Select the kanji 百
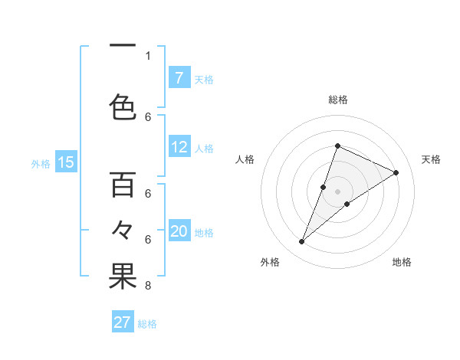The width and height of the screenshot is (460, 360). tap(123, 185)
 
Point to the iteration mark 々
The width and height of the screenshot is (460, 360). tap(123, 229)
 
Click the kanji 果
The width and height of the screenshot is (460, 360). tap(123, 277)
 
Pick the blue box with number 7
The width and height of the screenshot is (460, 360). tap(179, 78)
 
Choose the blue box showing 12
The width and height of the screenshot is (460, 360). tap(179, 147)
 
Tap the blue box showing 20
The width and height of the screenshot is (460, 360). tap(179, 231)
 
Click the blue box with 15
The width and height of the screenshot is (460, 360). tap(65, 162)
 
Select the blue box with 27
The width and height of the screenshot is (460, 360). tap(123, 322)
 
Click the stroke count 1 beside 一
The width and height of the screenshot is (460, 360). tap(148, 56)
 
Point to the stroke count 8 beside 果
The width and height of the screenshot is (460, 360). tap(148, 286)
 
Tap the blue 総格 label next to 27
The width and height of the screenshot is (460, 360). tap(147, 323)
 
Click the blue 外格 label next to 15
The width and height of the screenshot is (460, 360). tap(40, 162)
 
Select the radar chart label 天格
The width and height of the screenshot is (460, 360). tap(431, 159)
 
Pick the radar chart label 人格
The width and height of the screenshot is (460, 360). tap(245, 159)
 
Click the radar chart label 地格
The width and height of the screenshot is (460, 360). tap(402, 262)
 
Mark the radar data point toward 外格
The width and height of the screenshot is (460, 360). tap(302, 242)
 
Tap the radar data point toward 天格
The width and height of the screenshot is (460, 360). tap(396, 173)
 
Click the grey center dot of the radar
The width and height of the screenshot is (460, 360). tap(337, 191)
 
